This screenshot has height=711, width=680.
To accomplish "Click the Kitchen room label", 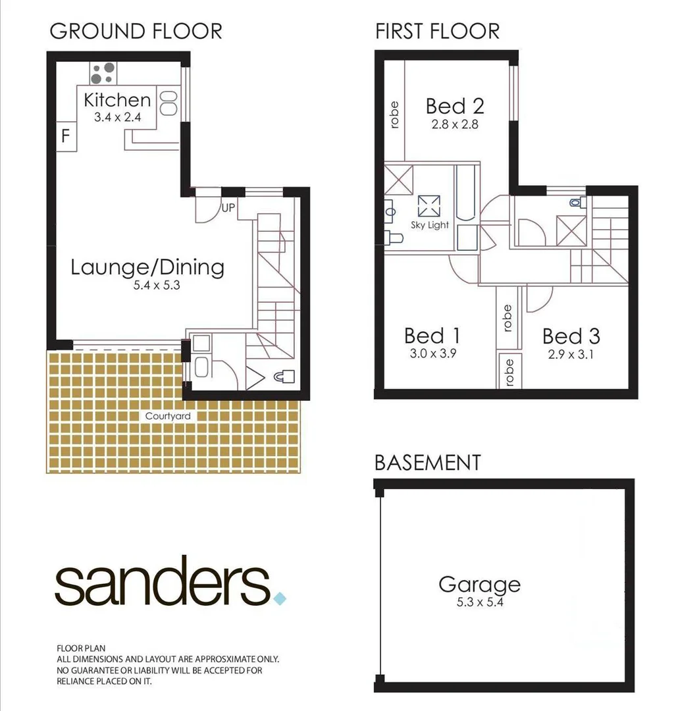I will tap(118, 100).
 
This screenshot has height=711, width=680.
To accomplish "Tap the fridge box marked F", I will tap(65, 137).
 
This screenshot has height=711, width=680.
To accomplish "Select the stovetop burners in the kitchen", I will tap(102, 74).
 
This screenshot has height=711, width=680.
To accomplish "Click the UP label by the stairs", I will tap(228, 207).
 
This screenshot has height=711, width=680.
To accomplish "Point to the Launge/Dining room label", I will tap(147, 267).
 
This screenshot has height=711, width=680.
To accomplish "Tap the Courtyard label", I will tap(168, 416).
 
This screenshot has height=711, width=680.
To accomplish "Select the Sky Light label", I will tap(429, 225).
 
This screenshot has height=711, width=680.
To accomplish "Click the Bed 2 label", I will tap(455, 106).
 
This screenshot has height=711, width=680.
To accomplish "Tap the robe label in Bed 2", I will tap(394, 114).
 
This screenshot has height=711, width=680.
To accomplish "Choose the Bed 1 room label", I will tap(432, 336).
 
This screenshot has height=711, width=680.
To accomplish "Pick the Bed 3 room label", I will tap(571, 336).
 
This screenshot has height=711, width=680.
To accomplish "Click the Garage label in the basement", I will tap(479, 584).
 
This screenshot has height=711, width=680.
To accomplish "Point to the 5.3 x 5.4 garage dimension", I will tap(479, 601).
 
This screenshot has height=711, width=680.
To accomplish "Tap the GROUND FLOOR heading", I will tap(136, 31).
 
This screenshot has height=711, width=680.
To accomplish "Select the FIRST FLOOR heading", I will tap(437, 31).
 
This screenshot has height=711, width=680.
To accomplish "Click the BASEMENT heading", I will tap(427, 462).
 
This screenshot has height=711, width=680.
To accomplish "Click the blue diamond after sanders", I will tap(280, 598).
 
